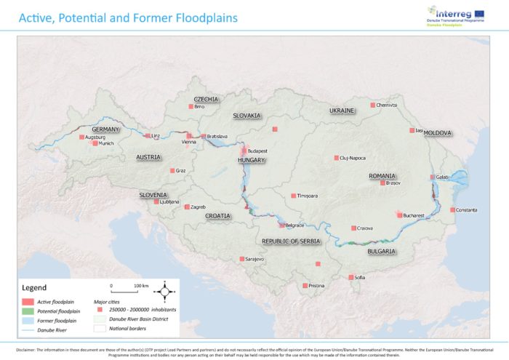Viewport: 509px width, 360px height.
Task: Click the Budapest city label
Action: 257,151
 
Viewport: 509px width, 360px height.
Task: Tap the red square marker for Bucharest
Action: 398,215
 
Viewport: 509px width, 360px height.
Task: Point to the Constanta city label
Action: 466,210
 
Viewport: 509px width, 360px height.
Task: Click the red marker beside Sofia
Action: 350,277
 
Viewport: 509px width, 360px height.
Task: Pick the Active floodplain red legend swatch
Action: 28,300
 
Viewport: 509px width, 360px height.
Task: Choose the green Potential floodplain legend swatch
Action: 28,311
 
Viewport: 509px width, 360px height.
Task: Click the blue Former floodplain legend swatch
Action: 28,320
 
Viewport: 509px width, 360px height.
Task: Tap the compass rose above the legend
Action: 165,291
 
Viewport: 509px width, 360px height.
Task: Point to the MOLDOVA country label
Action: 438,133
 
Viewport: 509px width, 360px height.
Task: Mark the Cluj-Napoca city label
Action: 353,158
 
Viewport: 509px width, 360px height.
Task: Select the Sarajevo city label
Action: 254,259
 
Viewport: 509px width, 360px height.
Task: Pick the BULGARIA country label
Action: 381,251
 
